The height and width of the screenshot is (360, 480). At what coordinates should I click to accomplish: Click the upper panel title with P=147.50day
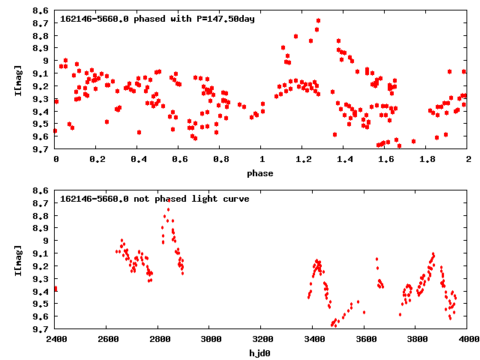click(157, 18)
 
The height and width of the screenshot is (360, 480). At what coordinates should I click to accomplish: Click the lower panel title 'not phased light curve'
click(154, 199)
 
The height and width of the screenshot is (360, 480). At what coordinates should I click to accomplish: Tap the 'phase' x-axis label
click(262, 173)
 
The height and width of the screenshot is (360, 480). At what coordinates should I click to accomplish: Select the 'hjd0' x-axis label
click(262, 352)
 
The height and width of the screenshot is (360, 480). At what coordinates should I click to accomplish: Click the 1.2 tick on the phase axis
click(303, 160)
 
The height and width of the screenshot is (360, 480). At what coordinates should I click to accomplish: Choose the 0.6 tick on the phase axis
click(179, 160)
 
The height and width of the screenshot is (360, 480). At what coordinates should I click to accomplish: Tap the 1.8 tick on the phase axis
click(427, 160)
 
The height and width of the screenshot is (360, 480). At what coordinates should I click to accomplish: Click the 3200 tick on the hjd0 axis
click(262, 339)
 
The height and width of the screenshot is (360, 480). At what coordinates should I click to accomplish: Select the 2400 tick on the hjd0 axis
click(55, 339)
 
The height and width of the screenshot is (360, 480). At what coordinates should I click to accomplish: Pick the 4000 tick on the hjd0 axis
click(468, 339)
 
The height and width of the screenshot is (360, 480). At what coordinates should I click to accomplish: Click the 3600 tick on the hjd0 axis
click(365, 339)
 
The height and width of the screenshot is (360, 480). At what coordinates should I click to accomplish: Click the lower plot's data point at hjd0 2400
click(55, 289)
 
